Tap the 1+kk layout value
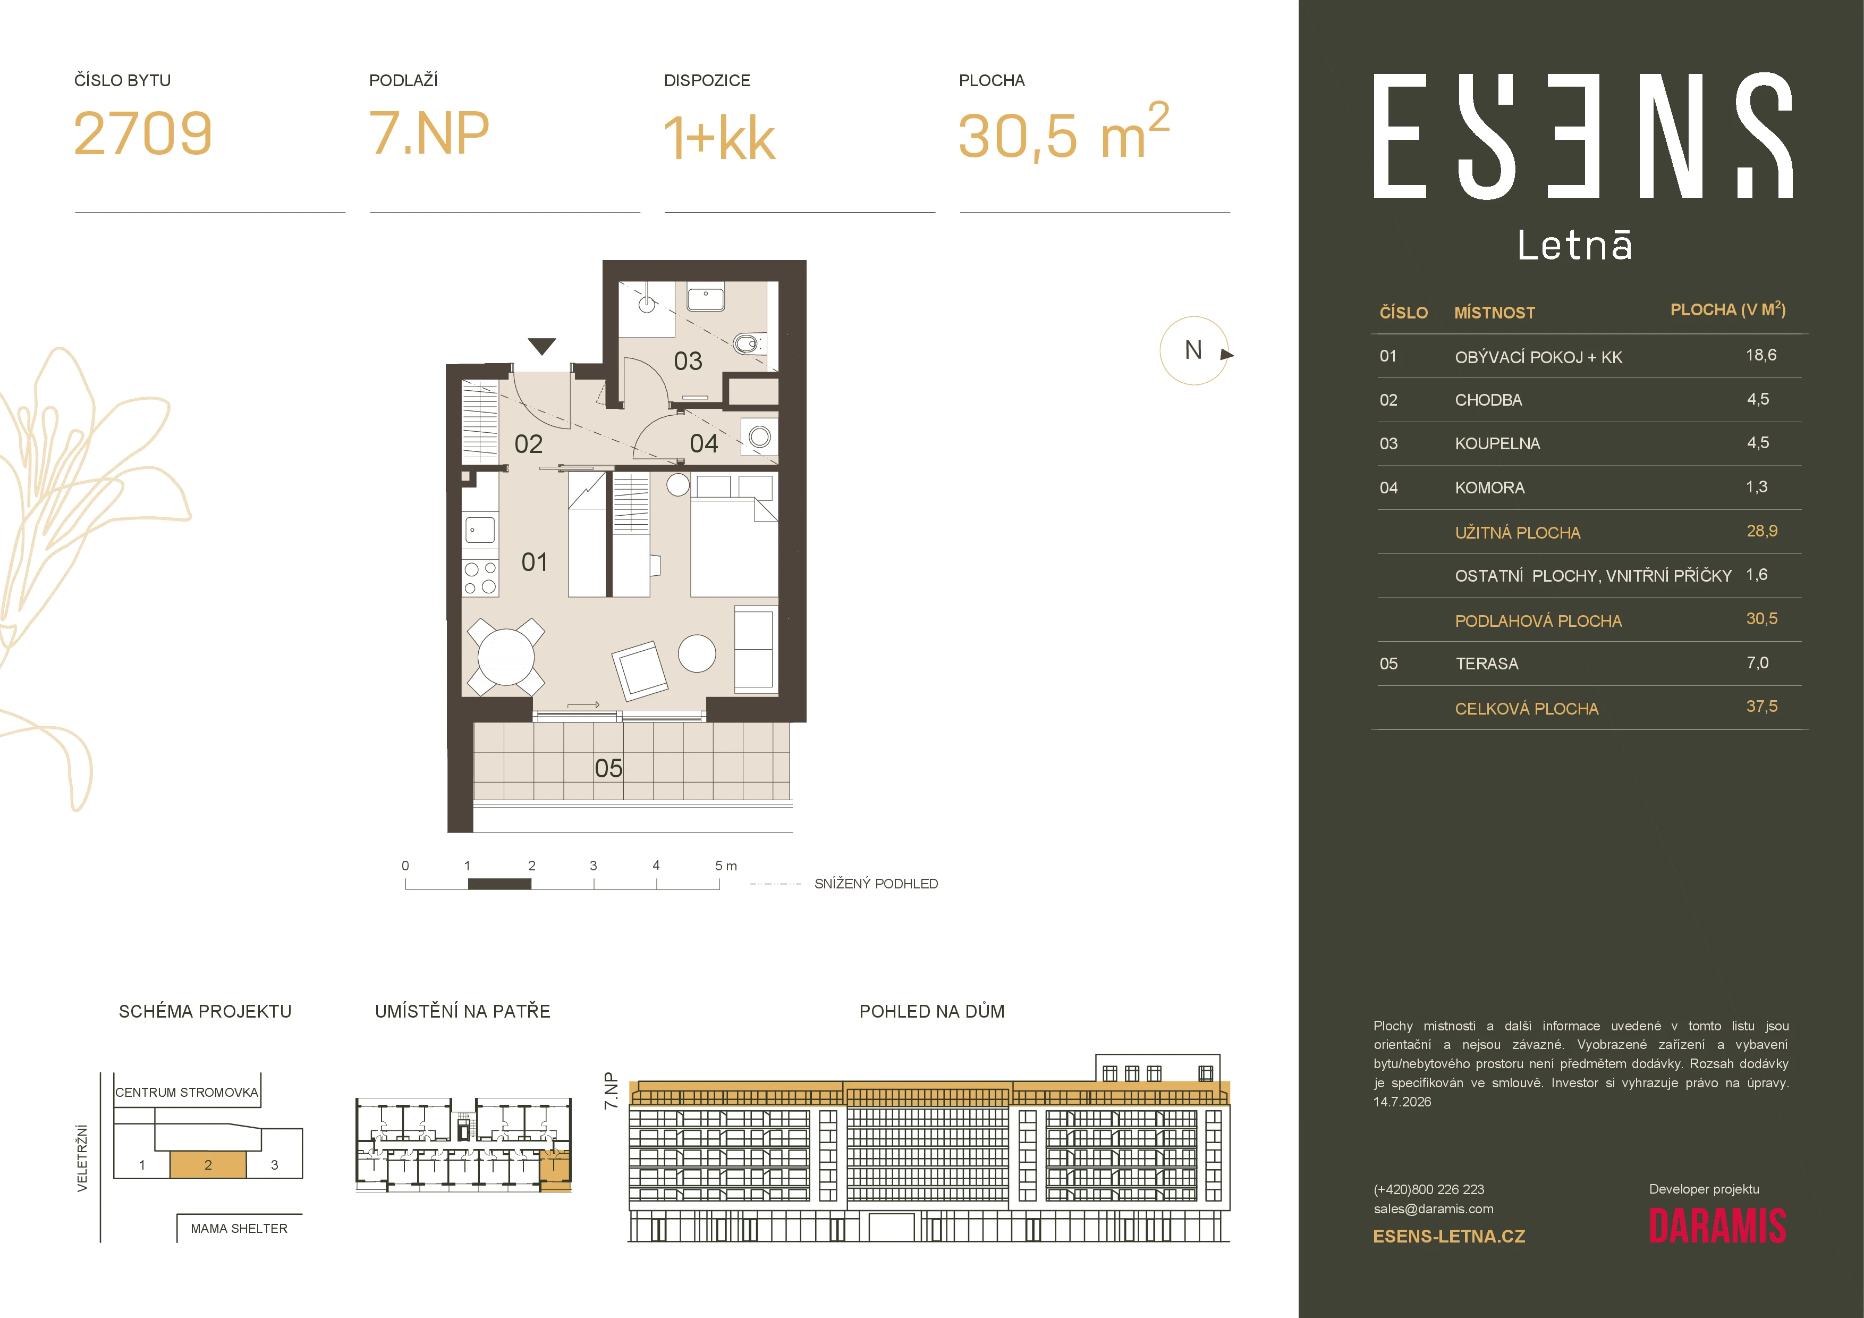719,137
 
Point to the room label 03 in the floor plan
688,360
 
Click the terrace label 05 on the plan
608,767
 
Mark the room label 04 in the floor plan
704,443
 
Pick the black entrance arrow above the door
541,346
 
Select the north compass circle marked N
1193,350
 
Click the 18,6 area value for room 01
1761,355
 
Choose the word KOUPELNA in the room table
1497,443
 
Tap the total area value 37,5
1761,707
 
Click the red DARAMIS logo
1717,1226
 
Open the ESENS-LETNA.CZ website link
1448,1236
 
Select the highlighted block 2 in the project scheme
208,1164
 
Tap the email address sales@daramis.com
1433,1208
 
